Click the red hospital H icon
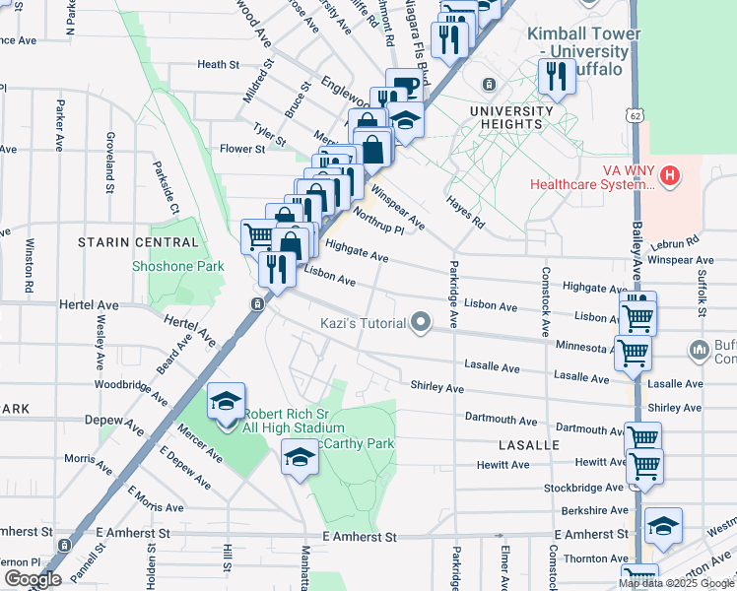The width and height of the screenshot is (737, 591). (670, 176)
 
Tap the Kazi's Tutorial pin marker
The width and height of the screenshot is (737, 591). (422, 322)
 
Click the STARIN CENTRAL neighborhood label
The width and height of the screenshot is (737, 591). (139, 242)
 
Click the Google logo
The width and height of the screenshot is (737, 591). (32, 579)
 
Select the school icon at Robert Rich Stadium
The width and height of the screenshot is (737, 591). (226, 402)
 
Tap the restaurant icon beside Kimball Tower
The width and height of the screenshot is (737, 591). (558, 77)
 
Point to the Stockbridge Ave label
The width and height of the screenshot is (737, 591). (584, 488)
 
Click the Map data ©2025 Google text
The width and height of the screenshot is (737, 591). (676, 582)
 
